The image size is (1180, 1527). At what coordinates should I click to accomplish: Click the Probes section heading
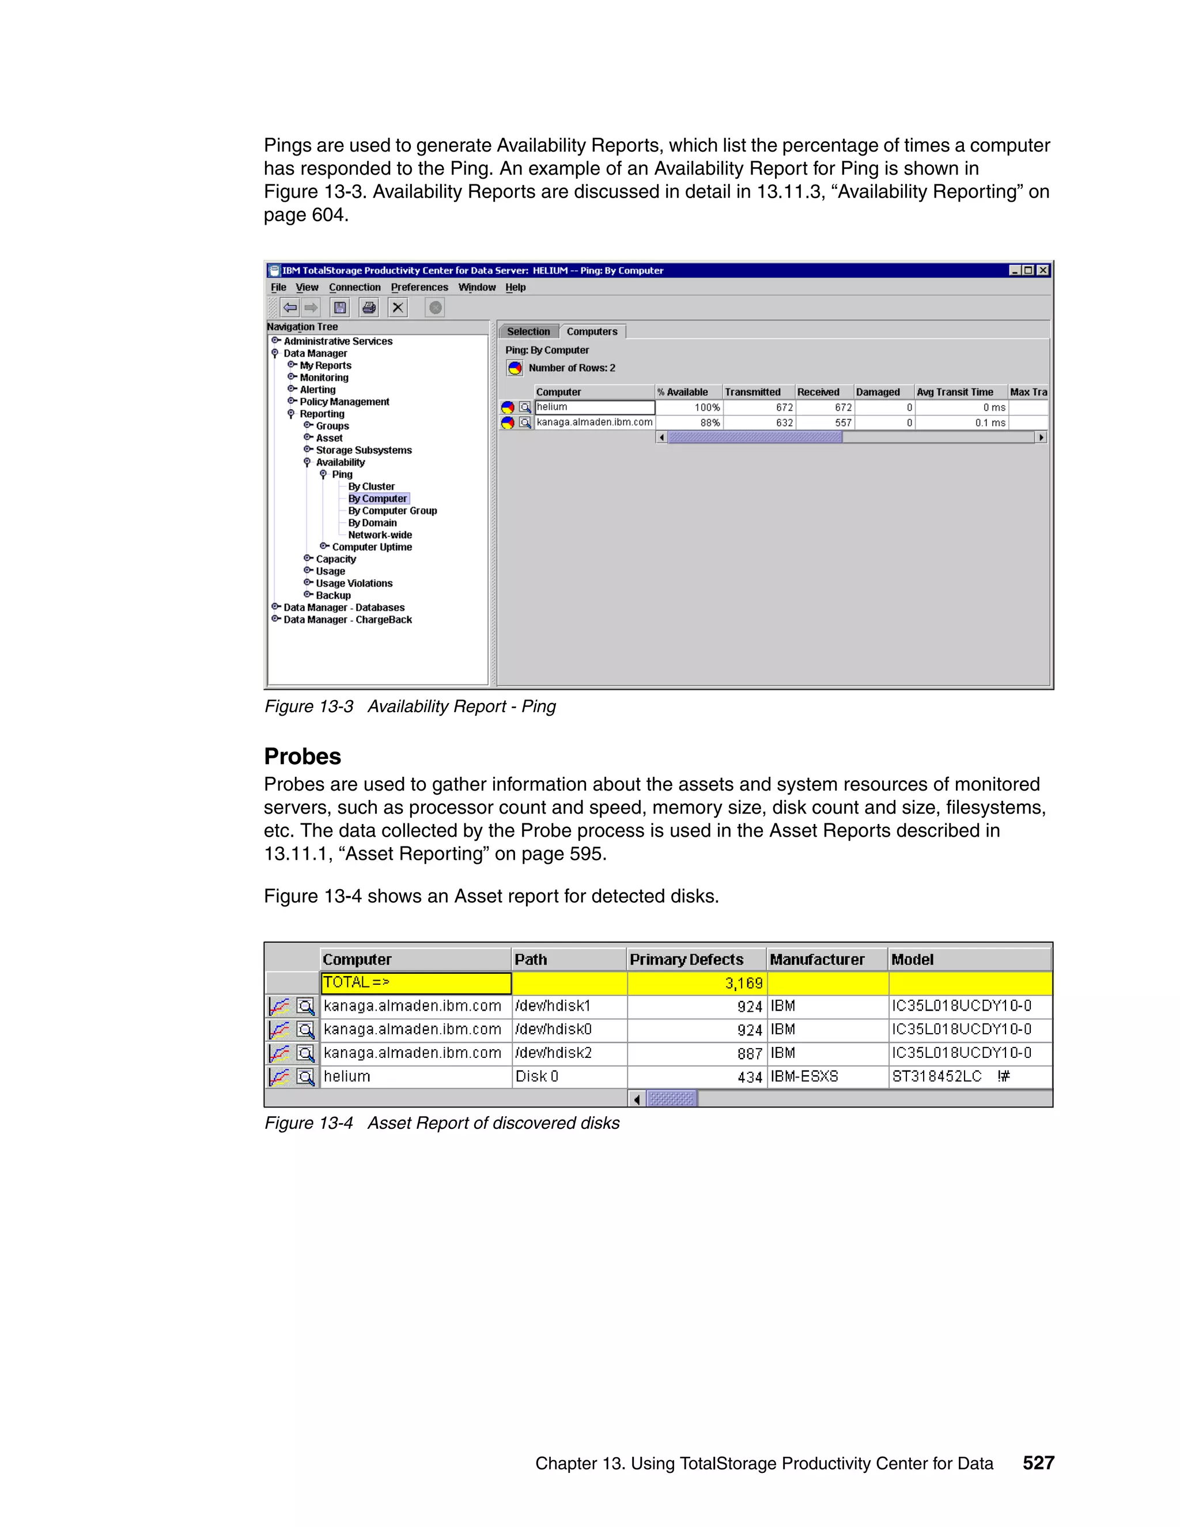(302, 757)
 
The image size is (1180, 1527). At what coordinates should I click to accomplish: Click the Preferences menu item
(419, 288)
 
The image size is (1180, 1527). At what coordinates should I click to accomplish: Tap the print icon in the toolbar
(369, 308)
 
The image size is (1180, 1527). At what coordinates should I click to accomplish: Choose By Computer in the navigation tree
(377, 498)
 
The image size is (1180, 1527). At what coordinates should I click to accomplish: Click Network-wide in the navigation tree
(380, 535)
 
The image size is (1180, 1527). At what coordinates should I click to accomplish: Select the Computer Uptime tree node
(371, 547)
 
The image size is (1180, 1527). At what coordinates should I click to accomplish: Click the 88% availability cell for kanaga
(689, 422)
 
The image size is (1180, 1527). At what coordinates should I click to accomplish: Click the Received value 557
(826, 422)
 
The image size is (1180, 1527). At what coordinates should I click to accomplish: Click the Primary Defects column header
(686, 959)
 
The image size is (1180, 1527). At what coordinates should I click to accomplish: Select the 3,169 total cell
(697, 983)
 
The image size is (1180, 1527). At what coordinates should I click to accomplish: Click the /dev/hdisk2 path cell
(554, 1053)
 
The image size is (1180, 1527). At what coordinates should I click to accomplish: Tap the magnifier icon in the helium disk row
(305, 1077)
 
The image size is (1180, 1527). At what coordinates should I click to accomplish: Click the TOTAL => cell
(415, 982)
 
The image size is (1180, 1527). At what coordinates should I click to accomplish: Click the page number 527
(1038, 1462)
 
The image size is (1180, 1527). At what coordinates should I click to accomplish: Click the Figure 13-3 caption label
(309, 706)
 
